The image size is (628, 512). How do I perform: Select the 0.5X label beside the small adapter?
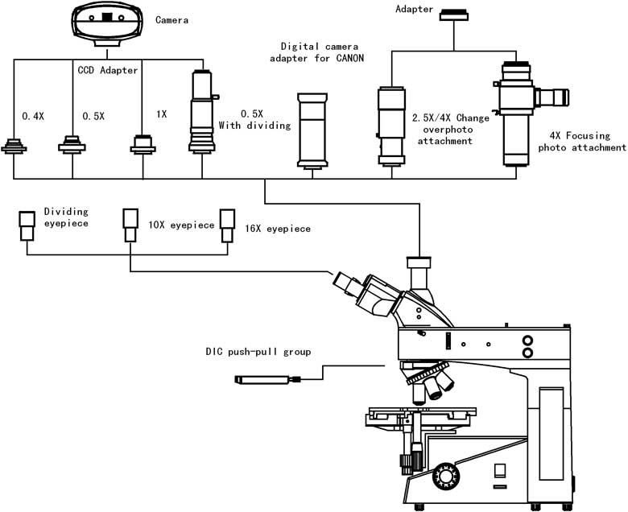94,116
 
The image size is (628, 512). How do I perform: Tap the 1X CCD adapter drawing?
143,145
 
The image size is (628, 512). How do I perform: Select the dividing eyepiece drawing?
27,225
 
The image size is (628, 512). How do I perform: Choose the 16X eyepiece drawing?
228,225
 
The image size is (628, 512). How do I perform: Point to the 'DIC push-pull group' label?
257,352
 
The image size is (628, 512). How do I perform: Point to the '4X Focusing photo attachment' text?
581,142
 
